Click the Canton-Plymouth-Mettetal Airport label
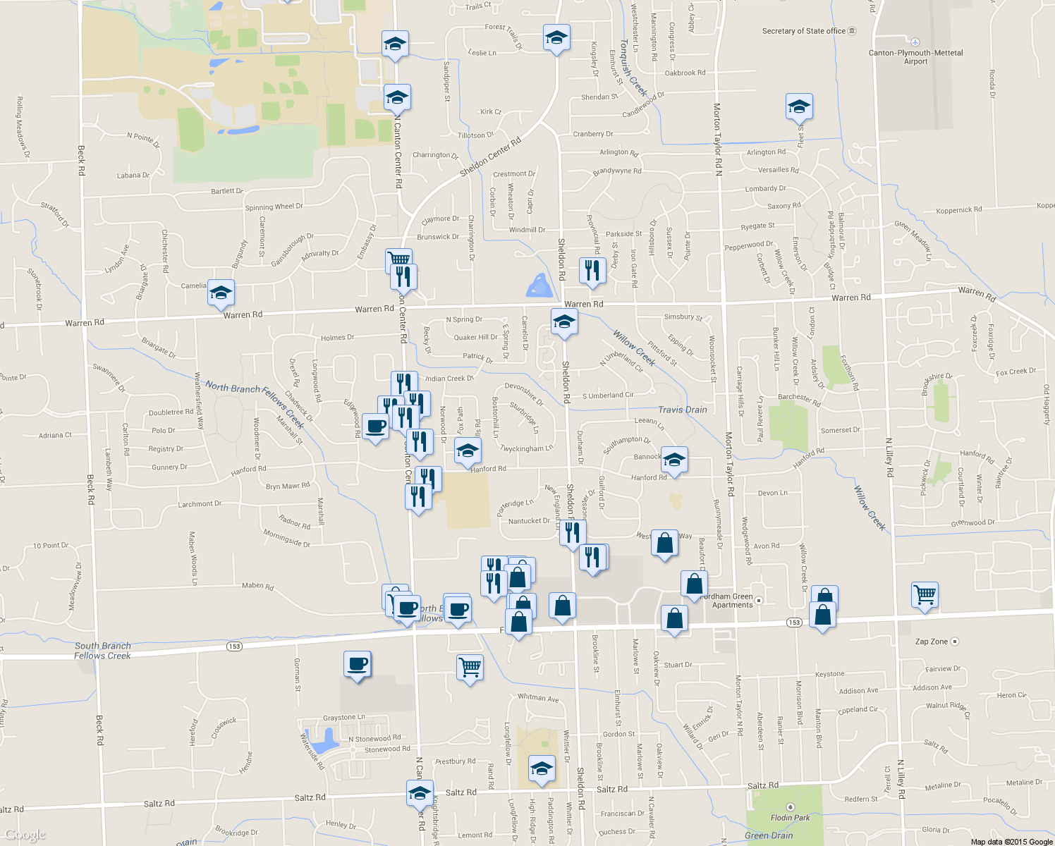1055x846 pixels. tap(915, 57)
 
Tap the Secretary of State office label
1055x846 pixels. tap(804, 31)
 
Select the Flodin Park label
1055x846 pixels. tap(790, 818)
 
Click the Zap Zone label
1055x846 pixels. tap(932, 642)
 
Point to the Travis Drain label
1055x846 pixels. tap(682, 410)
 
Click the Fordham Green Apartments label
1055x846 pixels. tap(732, 601)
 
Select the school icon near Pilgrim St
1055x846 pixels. tap(799, 107)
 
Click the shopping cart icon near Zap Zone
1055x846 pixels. tap(925, 594)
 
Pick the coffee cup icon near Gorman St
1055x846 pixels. tap(358, 664)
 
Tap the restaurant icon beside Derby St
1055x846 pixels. tap(592, 271)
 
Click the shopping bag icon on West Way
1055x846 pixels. tap(664, 544)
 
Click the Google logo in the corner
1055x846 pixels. tap(25, 835)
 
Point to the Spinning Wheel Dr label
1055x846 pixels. tap(274, 207)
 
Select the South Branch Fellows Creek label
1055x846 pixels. tap(103, 651)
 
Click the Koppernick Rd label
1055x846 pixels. tap(958, 210)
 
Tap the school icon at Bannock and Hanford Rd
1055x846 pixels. tap(674, 460)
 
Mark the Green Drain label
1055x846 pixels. tap(769, 836)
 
